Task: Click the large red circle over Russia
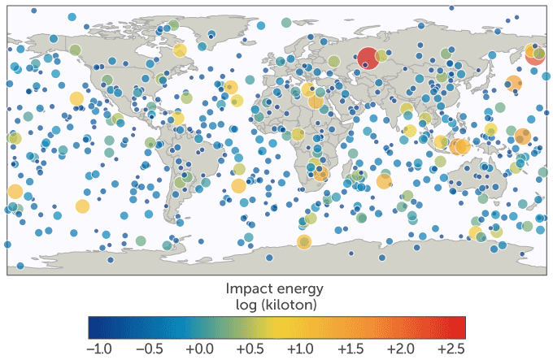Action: click(x=368, y=58)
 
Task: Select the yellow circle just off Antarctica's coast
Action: click(x=304, y=242)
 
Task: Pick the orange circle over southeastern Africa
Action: click(x=322, y=174)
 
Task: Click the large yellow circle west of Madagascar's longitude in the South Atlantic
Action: click(x=238, y=186)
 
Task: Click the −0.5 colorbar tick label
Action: click(x=147, y=348)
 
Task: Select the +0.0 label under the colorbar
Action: click(x=199, y=348)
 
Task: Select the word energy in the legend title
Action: click(x=302, y=289)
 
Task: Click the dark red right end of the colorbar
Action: click(x=460, y=327)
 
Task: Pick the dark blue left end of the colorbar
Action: click(x=93, y=327)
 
